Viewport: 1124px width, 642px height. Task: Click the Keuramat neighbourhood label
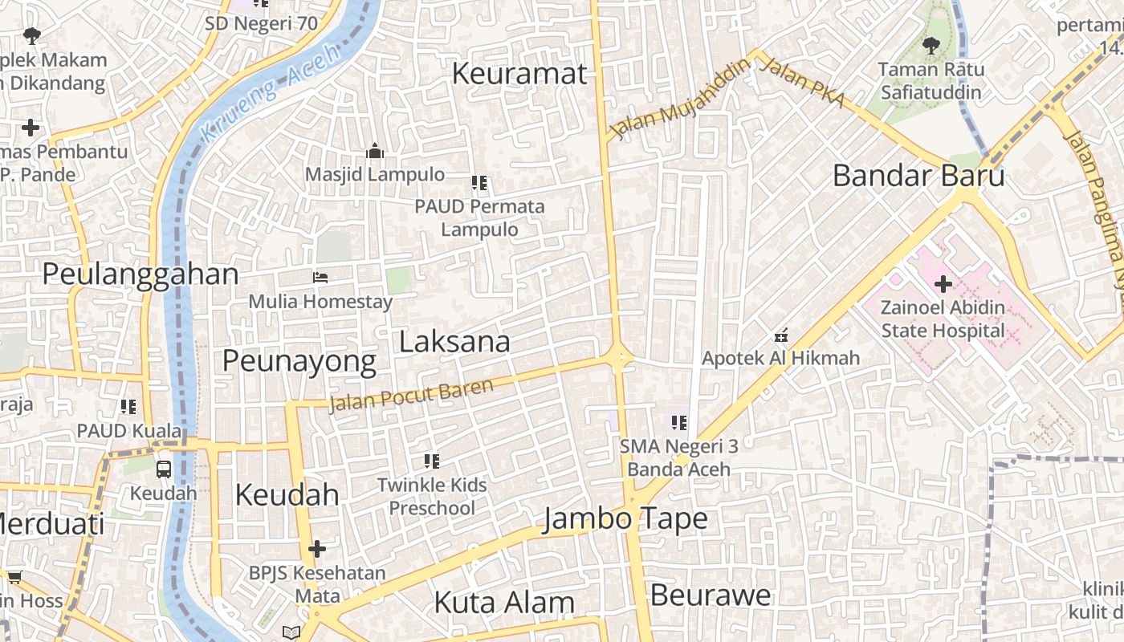[x=519, y=74]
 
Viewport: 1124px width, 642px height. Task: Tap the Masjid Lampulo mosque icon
[x=375, y=152]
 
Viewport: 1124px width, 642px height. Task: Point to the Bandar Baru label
[x=918, y=175]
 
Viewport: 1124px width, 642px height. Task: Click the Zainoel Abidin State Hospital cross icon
[x=943, y=283]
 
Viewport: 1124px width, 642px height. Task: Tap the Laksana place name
[x=454, y=342]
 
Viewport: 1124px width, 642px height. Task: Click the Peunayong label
[x=299, y=361]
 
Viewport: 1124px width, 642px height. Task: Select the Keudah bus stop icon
[x=164, y=469]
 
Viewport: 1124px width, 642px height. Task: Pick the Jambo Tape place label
[x=625, y=518]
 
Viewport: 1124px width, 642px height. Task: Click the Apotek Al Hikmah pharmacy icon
[x=780, y=335]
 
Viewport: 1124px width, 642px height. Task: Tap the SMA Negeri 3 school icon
[x=679, y=422]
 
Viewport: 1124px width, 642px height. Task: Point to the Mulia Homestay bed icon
[x=320, y=278]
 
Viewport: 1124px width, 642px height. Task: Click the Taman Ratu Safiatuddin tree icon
[x=931, y=46]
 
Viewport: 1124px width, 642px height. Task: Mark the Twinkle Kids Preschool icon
[x=432, y=461]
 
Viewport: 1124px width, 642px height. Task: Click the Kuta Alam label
[x=504, y=602]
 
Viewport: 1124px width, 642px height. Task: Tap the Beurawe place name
[x=711, y=595]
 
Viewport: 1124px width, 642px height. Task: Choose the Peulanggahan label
[x=140, y=274]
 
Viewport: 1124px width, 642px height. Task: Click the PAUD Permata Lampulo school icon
[x=480, y=183]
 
